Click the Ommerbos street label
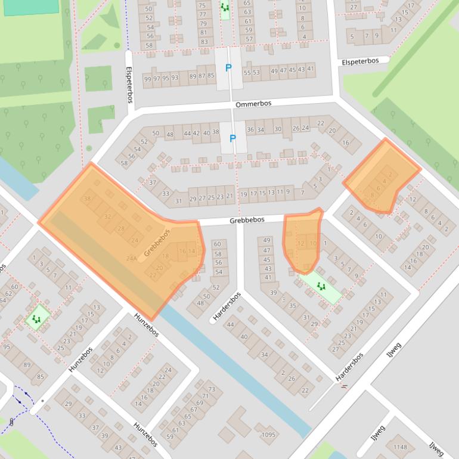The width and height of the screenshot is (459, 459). [253, 104]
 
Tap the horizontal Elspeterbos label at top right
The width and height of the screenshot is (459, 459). [364, 61]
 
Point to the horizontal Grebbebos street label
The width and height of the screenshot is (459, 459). [247, 220]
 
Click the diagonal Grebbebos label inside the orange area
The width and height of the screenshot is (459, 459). [157, 243]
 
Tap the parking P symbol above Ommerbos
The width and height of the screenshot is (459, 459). [228, 68]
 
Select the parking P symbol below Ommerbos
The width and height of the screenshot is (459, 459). [232, 138]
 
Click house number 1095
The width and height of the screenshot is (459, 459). [268, 435]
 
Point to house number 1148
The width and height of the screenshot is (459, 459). [400, 447]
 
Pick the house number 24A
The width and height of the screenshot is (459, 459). [132, 258]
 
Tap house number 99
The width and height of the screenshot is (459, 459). [147, 78]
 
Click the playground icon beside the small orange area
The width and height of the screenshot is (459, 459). [321, 287]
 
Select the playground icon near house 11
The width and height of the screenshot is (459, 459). [38, 319]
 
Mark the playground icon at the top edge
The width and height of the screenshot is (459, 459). [225, 7]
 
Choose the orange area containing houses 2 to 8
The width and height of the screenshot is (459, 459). [382, 177]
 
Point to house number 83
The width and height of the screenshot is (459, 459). [204, 42]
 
